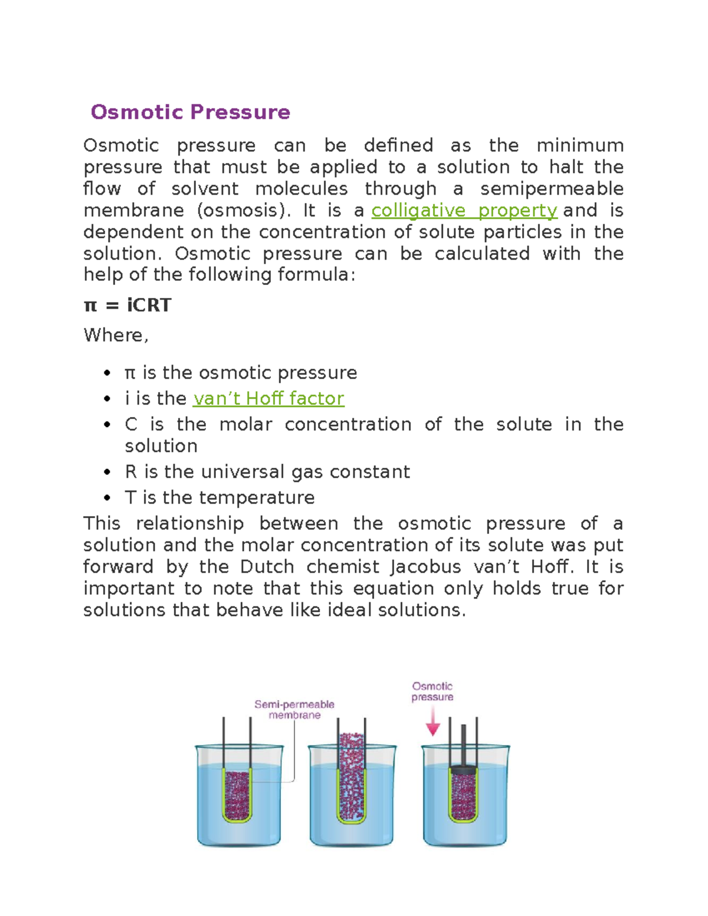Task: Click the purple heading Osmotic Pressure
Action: pyautogui.click(x=190, y=112)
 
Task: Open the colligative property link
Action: pyautogui.click(x=464, y=211)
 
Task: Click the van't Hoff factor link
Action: pyautogui.click(x=268, y=399)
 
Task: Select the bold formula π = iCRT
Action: pyautogui.click(x=127, y=306)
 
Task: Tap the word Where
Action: pyautogui.click(x=113, y=336)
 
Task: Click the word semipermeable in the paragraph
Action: pyautogui.click(x=552, y=189)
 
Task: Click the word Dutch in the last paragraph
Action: pyautogui.click(x=267, y=567)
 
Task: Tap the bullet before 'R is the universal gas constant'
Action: pyautogui.click(x=107, y=472)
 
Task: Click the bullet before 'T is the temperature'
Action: pyautogui.click(x=107, y=498)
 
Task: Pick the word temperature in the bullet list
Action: pyautogui.click(x=257, y=498)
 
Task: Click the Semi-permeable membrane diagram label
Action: pyautogui.click(x=294, y=710)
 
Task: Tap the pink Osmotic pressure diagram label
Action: pyautogui.click(x=432, y=691)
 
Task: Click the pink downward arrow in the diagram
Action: pyautogui.click(x=433, y=723)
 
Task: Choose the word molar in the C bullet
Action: pyautogui.click(x=245, y=425)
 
